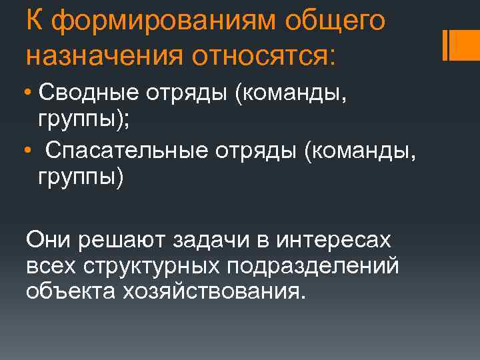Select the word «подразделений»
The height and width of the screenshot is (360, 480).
313,265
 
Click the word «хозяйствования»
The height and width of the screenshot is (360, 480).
210,291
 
